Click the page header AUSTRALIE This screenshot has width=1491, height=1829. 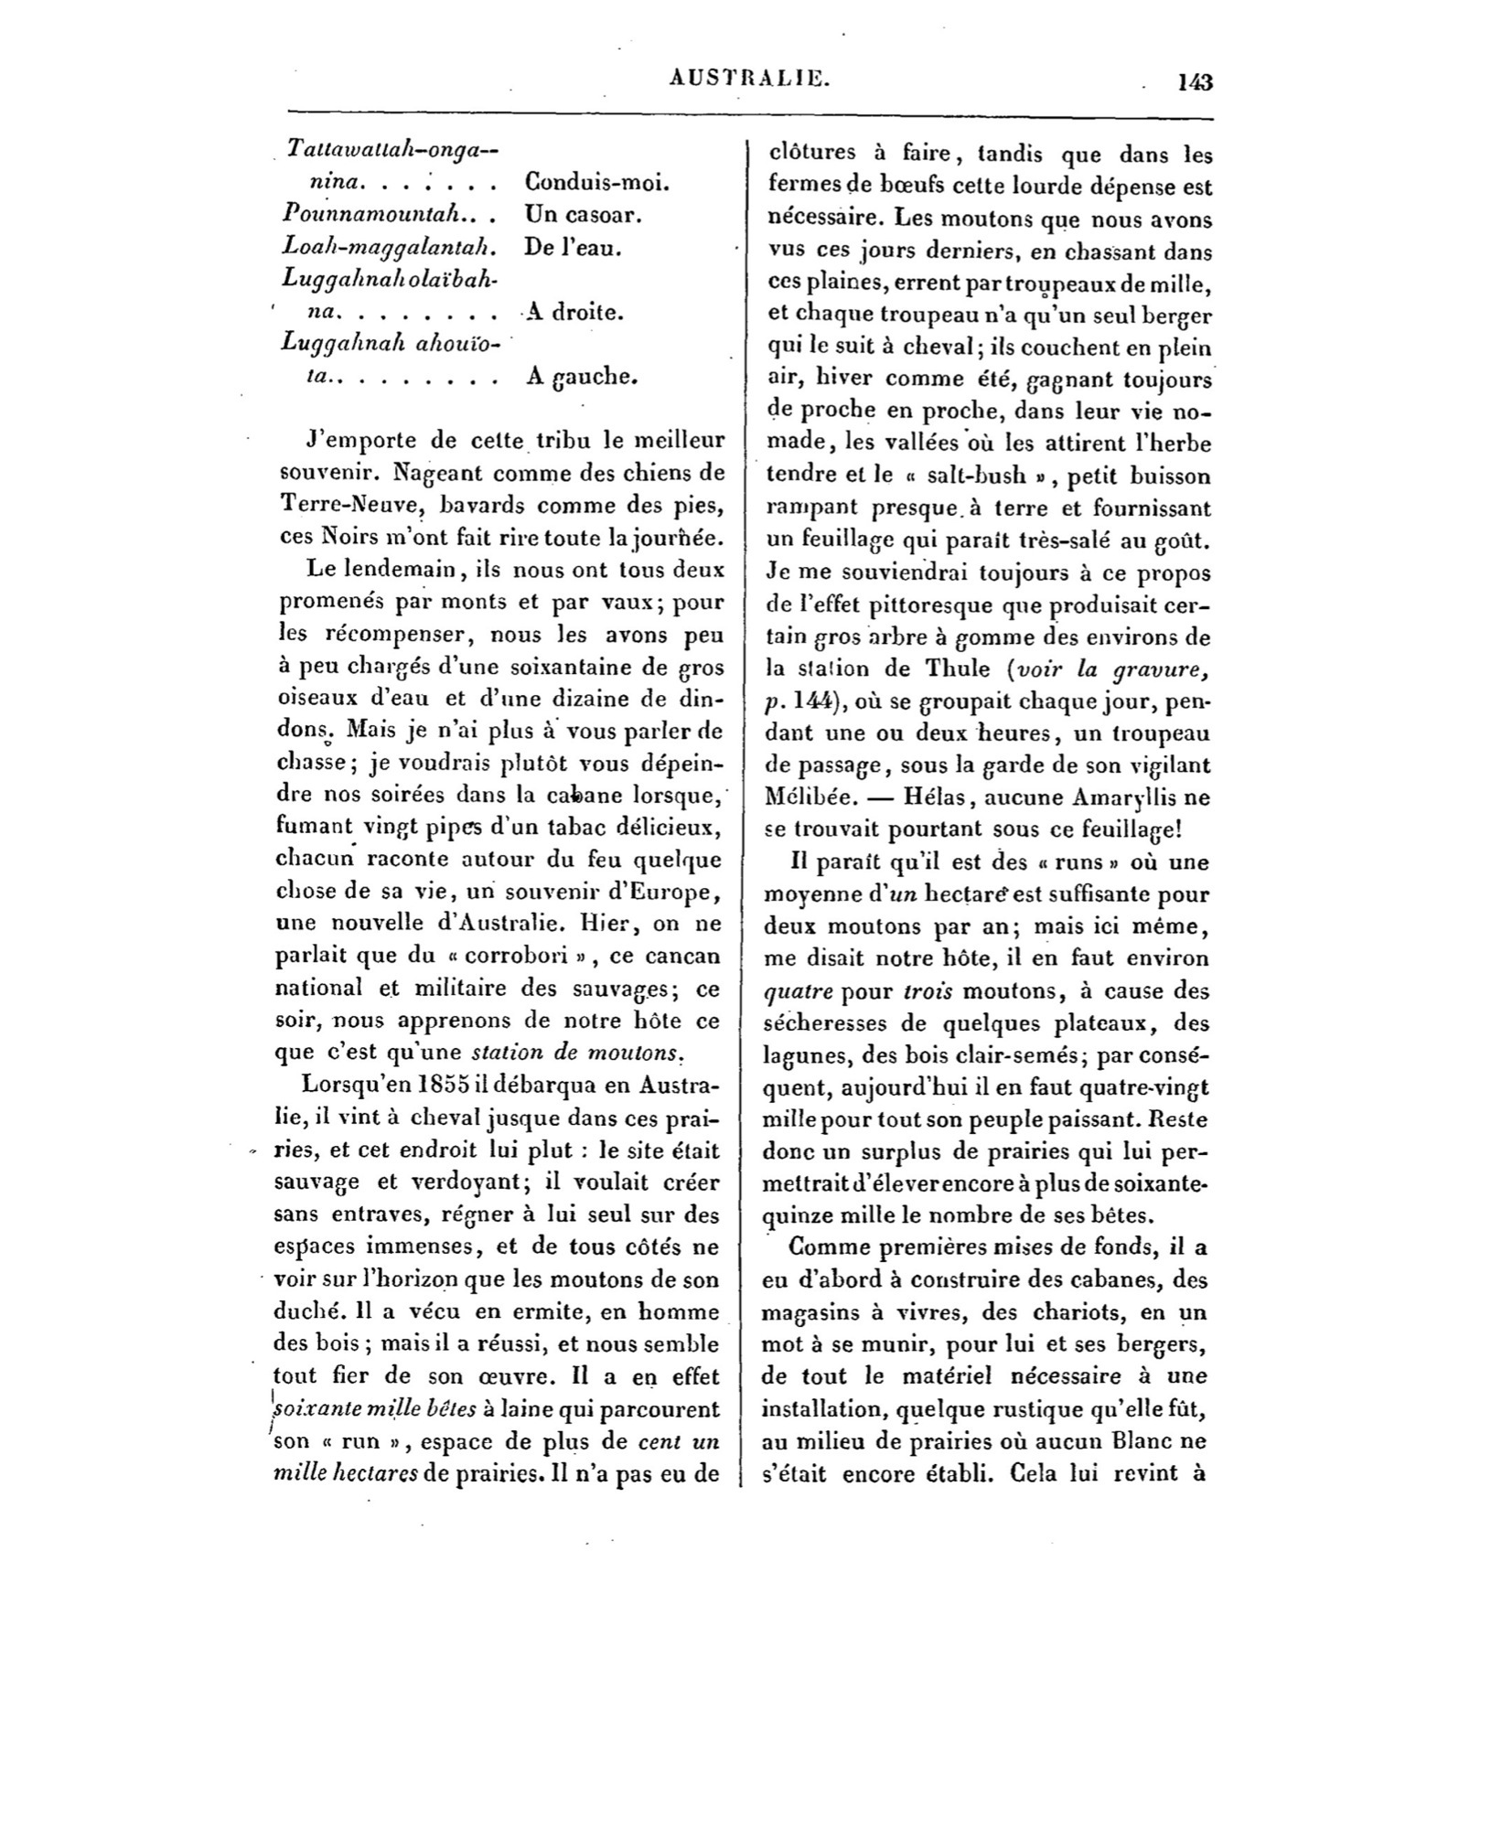[749, 80]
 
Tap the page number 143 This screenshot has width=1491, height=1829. [1195, 82]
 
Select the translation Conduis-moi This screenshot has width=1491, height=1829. [598, 182]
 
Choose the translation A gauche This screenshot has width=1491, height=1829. [581, 376]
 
